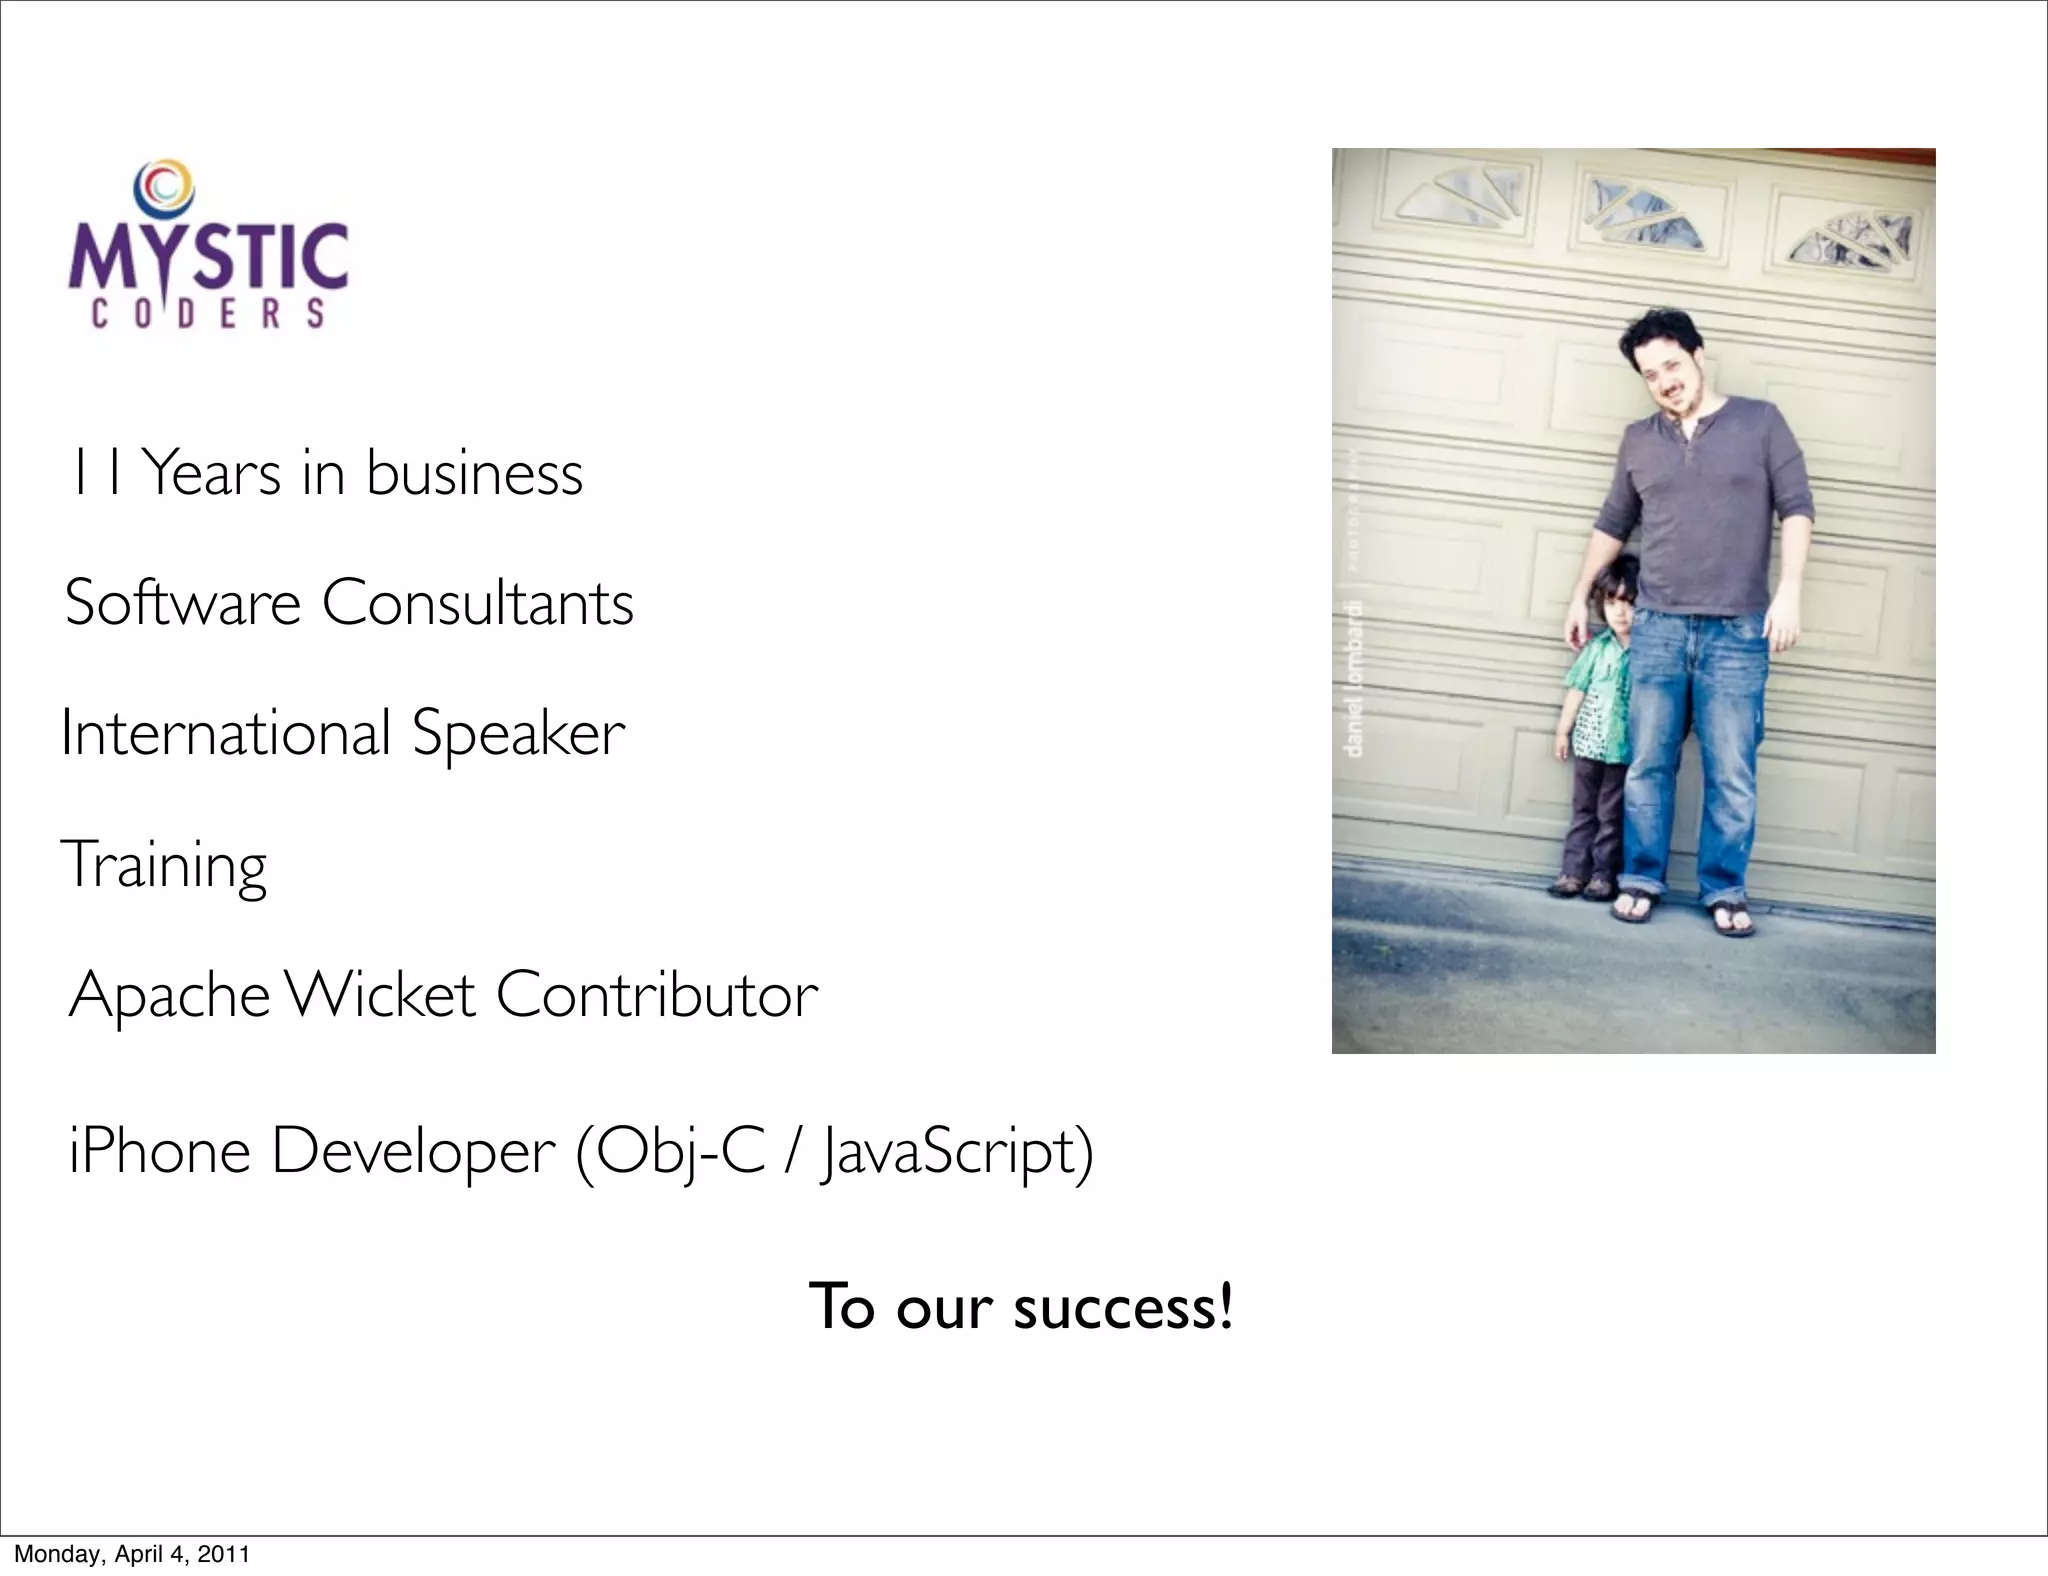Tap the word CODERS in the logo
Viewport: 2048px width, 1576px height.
208,314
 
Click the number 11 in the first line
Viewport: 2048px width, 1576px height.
97,473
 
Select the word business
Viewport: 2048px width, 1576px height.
474,473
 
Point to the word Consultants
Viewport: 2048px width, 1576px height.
478,603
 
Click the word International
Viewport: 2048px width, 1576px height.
225,733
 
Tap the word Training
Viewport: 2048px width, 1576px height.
165,865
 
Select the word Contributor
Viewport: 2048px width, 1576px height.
657,995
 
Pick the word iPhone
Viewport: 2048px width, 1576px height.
160,1151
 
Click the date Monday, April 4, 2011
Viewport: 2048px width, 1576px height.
131,1554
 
